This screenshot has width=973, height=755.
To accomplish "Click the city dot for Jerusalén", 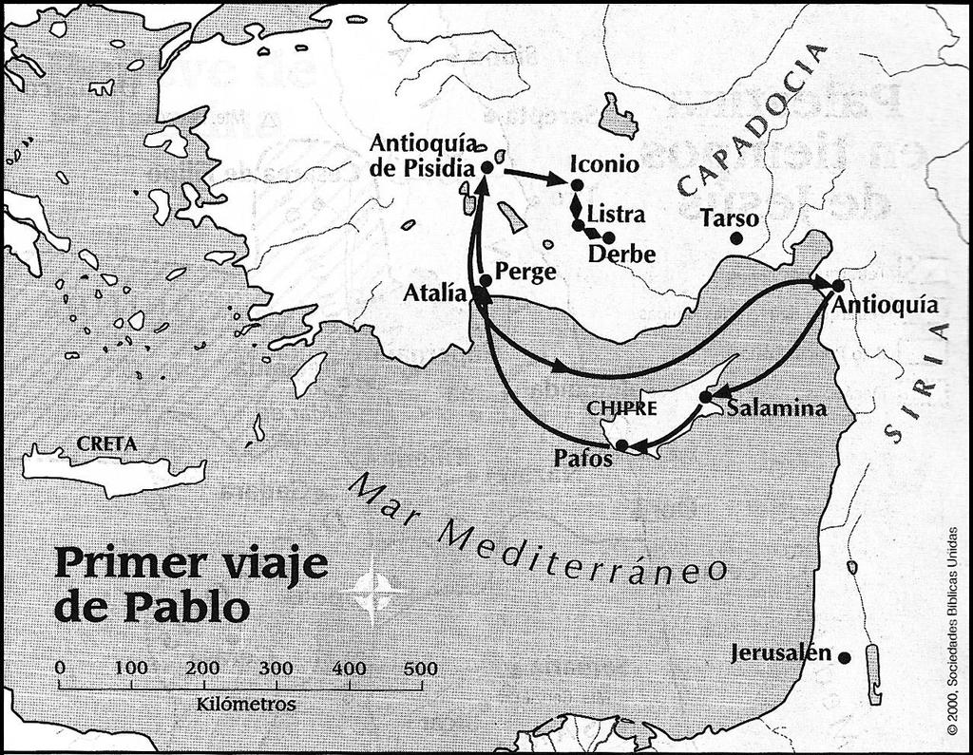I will pos(844,656).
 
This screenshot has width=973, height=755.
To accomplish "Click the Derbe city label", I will pos(621,255).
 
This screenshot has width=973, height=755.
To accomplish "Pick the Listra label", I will pos(616,213).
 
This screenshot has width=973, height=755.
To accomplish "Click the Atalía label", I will pos(434,293).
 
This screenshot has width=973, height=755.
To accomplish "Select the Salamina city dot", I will pos(706,396).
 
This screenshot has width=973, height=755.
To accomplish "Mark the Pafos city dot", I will pos(620,444).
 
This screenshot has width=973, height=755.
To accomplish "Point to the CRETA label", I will pos(106,444).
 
